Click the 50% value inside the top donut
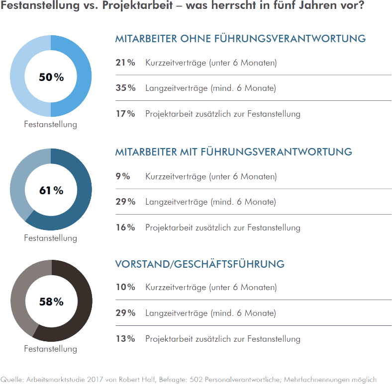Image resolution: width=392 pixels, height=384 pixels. [51, 77]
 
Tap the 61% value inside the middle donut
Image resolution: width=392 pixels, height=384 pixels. [51, 190]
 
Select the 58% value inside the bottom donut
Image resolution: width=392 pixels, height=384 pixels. [51, 302]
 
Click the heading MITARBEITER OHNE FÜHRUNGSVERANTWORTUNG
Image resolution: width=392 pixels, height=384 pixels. [240, 39]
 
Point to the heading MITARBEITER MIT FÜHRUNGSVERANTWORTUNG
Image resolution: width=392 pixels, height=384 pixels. [233, 152]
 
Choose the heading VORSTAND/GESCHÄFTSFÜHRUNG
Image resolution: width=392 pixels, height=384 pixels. [199, 264]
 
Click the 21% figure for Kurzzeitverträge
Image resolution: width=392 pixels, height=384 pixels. [125, 63]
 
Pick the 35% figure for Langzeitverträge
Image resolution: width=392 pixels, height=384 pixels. [125, 88]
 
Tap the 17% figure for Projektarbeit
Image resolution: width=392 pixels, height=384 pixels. [125, 114]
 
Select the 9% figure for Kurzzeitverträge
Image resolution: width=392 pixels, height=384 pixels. [123, 176]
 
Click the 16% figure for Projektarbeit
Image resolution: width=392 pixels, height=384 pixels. [125, 228]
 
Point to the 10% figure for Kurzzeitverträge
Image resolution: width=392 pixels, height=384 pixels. [125, 287]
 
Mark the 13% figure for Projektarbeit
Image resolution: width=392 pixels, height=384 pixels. [125, 339]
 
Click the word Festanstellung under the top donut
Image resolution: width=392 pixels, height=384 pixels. [51, 124]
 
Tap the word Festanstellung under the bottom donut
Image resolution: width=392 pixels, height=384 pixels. [51, 349]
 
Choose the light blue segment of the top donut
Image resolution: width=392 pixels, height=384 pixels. [18, 77]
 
